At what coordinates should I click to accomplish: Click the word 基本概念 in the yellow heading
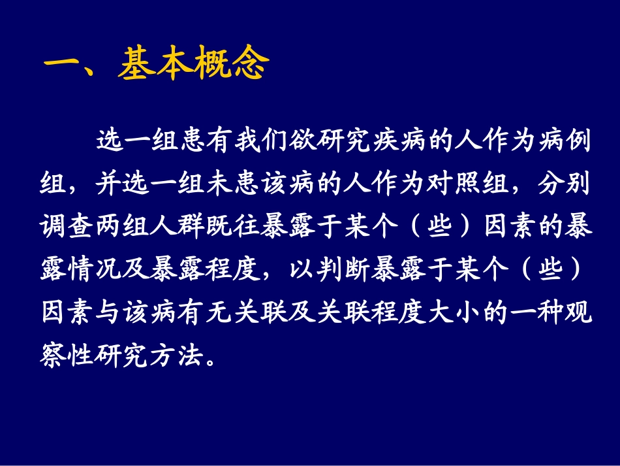click(x=193, y=65)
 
